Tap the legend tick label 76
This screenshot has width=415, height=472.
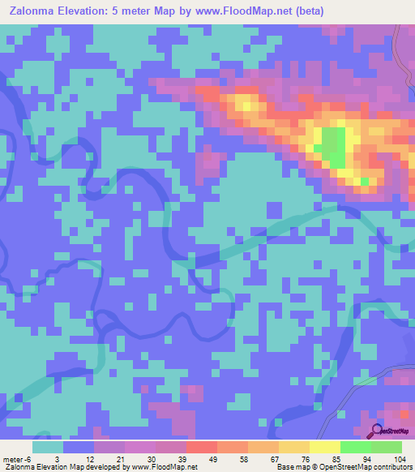pyautogui.click(x=293, y=460)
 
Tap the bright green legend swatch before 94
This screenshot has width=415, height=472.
pyautogui.click(x=355, y=447)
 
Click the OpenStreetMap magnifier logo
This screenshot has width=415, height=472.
pyautogui.click(x=377, y=431)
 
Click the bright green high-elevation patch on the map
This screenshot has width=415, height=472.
pyautogui.click(x=330, y=146)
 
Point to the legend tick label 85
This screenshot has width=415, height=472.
pyautogui.click(x=324, y=460)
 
